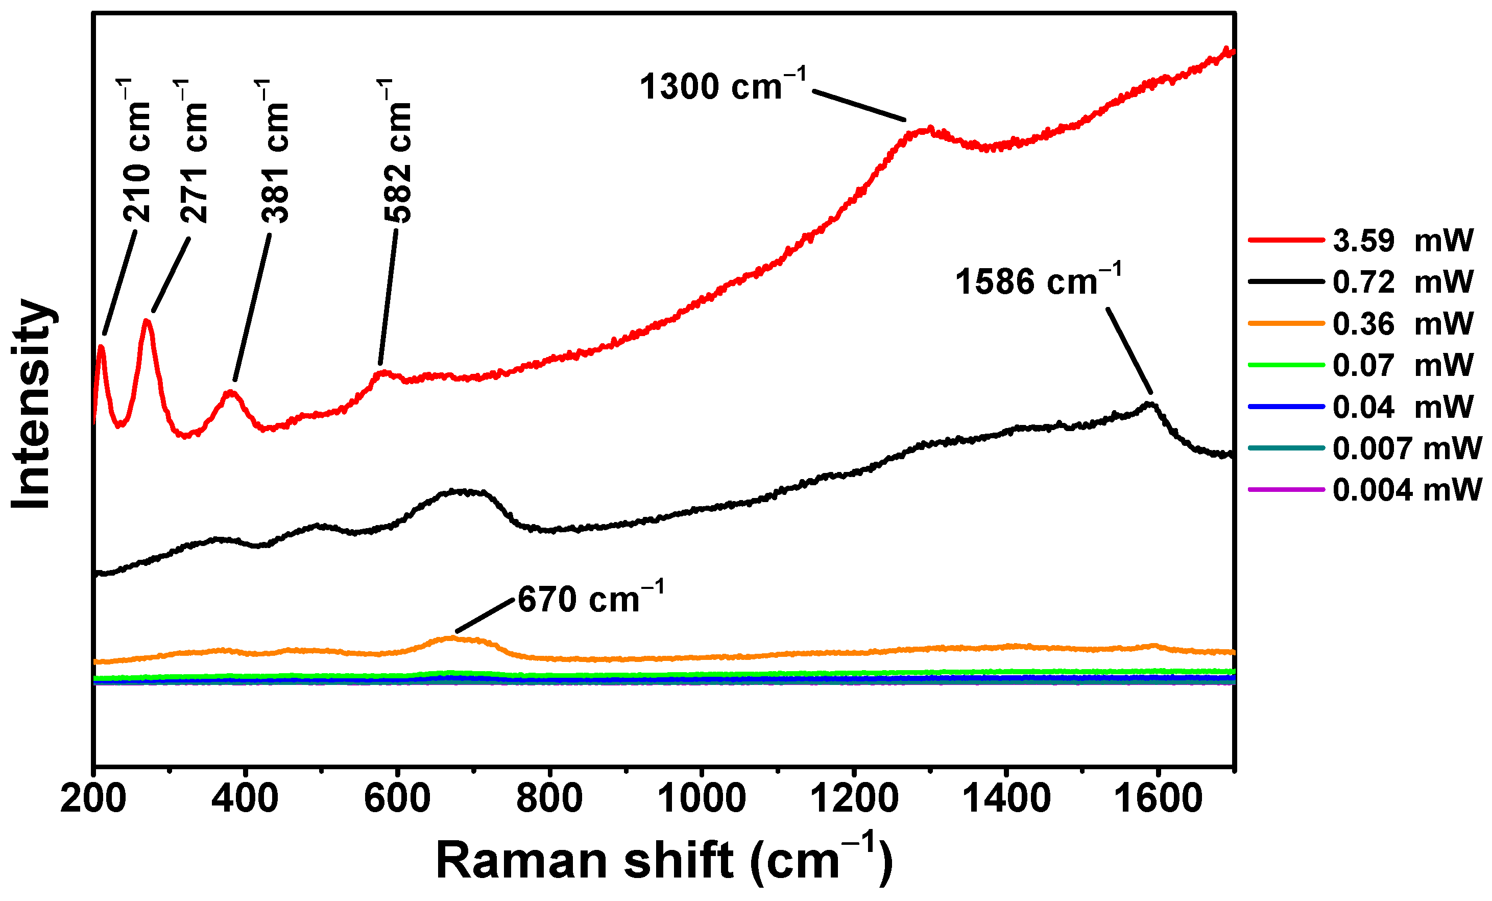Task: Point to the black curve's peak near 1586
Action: point(1149,404)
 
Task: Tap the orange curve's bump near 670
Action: point(451,637)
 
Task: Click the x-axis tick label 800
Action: point(549,799)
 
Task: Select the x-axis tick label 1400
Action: point(1006,799)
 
